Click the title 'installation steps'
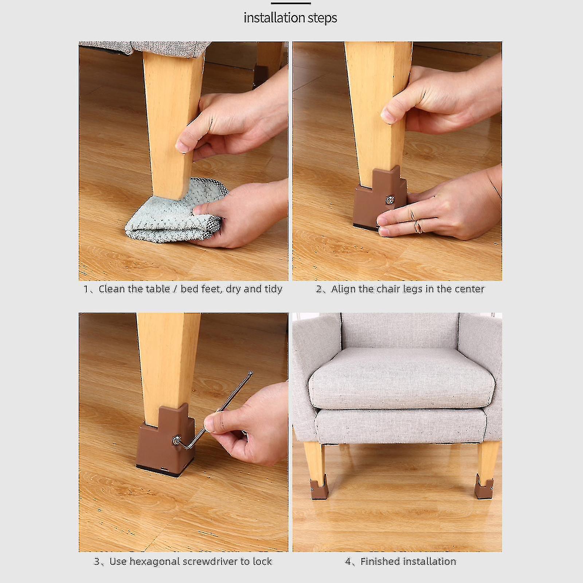pyautogui.click(x=290, y=18)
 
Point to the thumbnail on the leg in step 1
pyautogui.click(x=183, y=146)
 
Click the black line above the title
pyautogui.click(x=290, y=3)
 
